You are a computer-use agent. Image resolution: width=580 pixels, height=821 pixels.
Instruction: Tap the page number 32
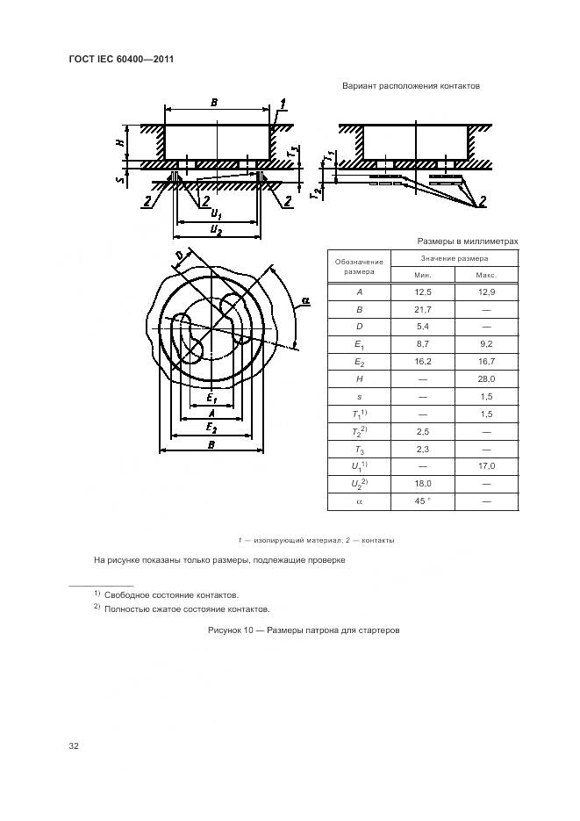click(x=74, y=746)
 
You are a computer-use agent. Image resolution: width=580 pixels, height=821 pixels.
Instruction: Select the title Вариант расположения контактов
click(x=410, y=86)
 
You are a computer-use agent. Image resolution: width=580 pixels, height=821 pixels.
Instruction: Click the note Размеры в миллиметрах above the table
click(x=468, y=241)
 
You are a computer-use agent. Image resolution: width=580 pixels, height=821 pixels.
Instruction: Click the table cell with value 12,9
click(x=487, y=292)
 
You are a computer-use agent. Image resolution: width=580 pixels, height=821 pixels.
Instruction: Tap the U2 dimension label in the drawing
click(x=215, y=229)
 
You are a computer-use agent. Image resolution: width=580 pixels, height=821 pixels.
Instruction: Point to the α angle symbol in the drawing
click(x=304, y=301)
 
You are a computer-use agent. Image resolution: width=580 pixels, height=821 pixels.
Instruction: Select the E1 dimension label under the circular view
click(x=211, y=400)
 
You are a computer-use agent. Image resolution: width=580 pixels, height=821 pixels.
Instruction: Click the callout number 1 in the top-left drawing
click(x=283, y=104)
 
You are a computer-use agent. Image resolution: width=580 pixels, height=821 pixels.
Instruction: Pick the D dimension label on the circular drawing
click(x=179, y=256)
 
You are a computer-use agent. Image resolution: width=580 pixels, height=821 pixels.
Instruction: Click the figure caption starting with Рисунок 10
click(x=304, y=630)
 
